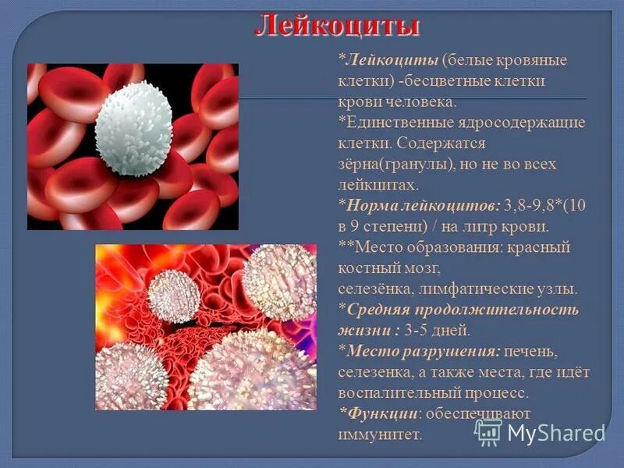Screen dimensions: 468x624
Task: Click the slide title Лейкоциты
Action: point(337,27)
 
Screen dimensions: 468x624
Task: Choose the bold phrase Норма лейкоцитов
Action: point(413,206)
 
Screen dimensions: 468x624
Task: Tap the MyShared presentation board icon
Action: point(488,431)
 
